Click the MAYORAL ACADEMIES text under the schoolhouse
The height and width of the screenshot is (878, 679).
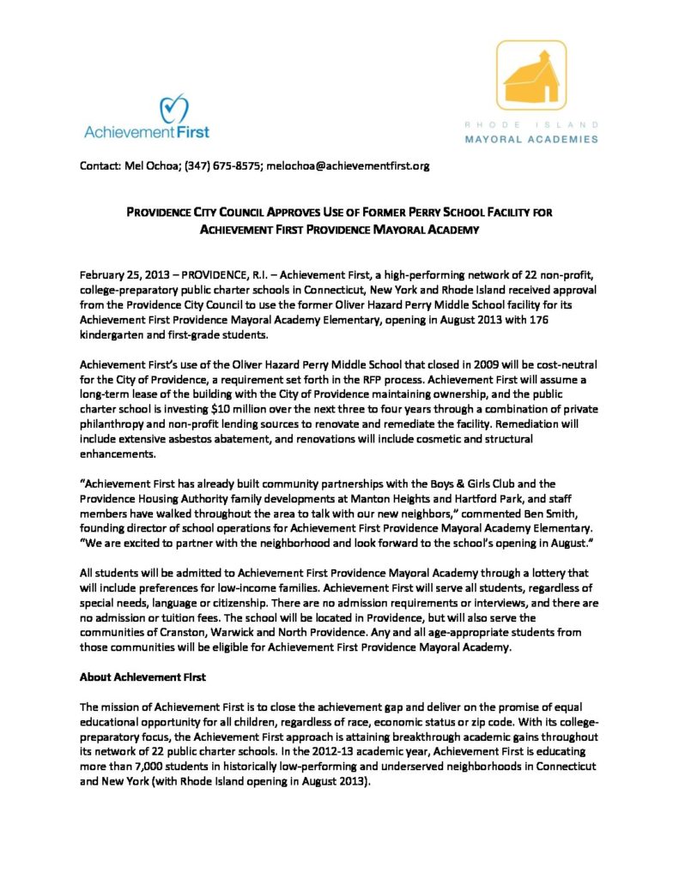[531, 138]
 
